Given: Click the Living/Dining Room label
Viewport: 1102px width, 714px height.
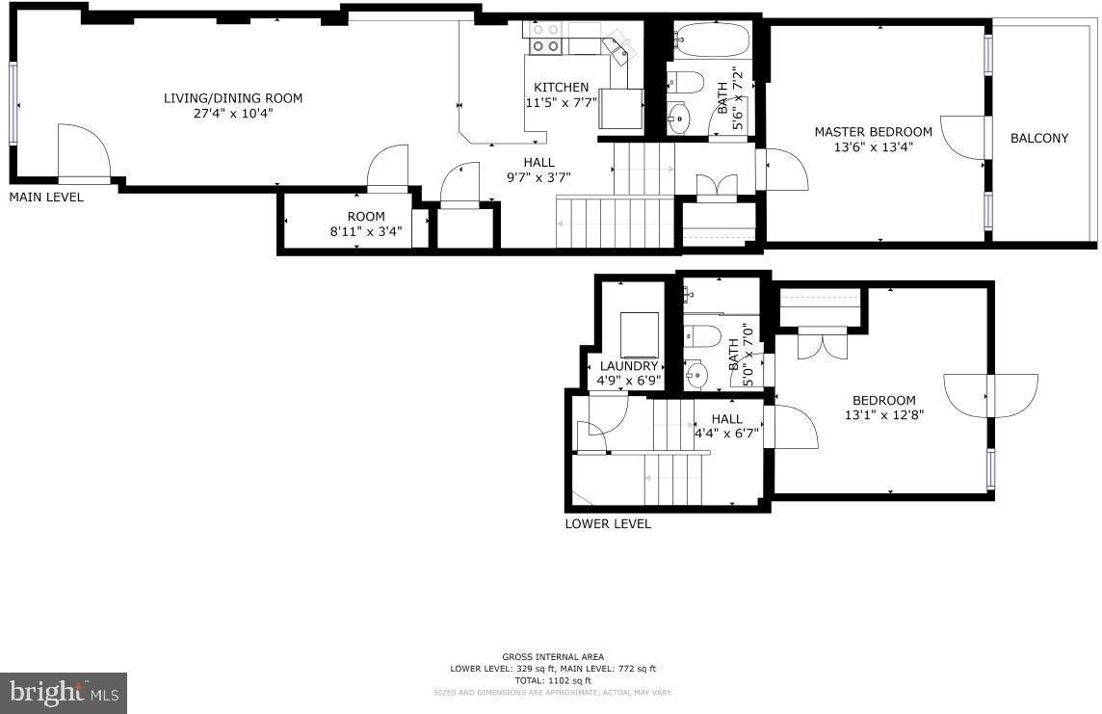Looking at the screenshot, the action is click(x=232, y=98).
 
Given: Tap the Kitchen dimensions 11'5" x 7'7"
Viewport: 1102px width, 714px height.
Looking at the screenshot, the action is click(x=561, y=102).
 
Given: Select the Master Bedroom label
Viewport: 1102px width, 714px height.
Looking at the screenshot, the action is click(x=873, y=131).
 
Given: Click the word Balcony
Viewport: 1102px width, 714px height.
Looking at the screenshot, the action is click(x=1038, y=139).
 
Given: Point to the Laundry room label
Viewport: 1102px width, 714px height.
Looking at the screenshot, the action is click(x=628, y=366).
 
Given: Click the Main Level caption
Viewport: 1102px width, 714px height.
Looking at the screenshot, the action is click(x=46, y=198).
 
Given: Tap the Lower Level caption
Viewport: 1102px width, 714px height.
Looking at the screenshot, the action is click(x=608, y=523).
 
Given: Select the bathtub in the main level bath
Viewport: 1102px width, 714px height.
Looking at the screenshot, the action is click(x=712, y=40).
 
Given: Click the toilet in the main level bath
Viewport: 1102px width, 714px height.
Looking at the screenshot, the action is click(x=685, y=82).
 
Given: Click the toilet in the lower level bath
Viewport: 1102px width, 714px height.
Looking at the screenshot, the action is click(x=701, y=336).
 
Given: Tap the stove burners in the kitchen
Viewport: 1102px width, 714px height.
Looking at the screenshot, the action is click(x=546, y=38).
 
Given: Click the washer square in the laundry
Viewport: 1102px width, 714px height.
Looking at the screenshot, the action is click(x=640, y=334).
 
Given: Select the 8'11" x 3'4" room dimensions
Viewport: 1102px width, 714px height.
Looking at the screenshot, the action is click(x=365, y=231).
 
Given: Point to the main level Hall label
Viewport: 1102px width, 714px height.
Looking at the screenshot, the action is click(x=539, y=162).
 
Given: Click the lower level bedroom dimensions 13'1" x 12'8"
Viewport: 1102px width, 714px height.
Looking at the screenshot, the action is click(x=884, y=415).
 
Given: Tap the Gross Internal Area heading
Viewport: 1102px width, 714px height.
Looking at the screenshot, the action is click(x=552, y=657).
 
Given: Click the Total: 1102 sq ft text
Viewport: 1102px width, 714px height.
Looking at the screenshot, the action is click(x=552, y=680).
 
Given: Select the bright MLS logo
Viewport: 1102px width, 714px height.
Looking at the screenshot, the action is click(x=64, y=693).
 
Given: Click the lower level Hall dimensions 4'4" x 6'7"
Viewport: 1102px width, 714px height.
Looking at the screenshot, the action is click(x=726, y=434).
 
